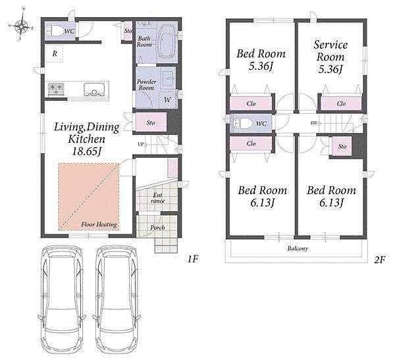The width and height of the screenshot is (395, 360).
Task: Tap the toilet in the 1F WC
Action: click(x=55, y=31)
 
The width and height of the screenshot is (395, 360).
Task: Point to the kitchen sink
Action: click(x=94, y=89)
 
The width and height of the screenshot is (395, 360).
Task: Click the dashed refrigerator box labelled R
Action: click(x=55, y=53)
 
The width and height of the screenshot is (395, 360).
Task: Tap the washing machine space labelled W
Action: click(x=167, y=100)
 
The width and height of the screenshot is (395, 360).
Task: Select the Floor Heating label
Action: click(x=99, y=224)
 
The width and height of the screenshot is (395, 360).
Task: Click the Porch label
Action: click(x=157, y=228)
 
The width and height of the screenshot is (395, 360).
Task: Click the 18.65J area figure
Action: click(x=86, y=151)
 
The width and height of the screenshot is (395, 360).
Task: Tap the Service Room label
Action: click(x=330, y=51)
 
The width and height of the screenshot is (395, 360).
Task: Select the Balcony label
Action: click(x=298, y=249)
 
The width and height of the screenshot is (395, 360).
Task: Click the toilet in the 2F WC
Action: click(x=242, y=124)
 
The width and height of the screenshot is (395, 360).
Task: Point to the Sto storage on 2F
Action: click(x=342, y=146)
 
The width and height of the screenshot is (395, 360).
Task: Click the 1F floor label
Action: click(x=193, y=259)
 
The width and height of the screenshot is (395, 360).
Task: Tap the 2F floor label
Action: click(x=380, y=260)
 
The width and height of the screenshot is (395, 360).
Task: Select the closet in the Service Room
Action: click(x=341, y=103)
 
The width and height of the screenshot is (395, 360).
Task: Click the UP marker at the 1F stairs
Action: click(x=141, y=144)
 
